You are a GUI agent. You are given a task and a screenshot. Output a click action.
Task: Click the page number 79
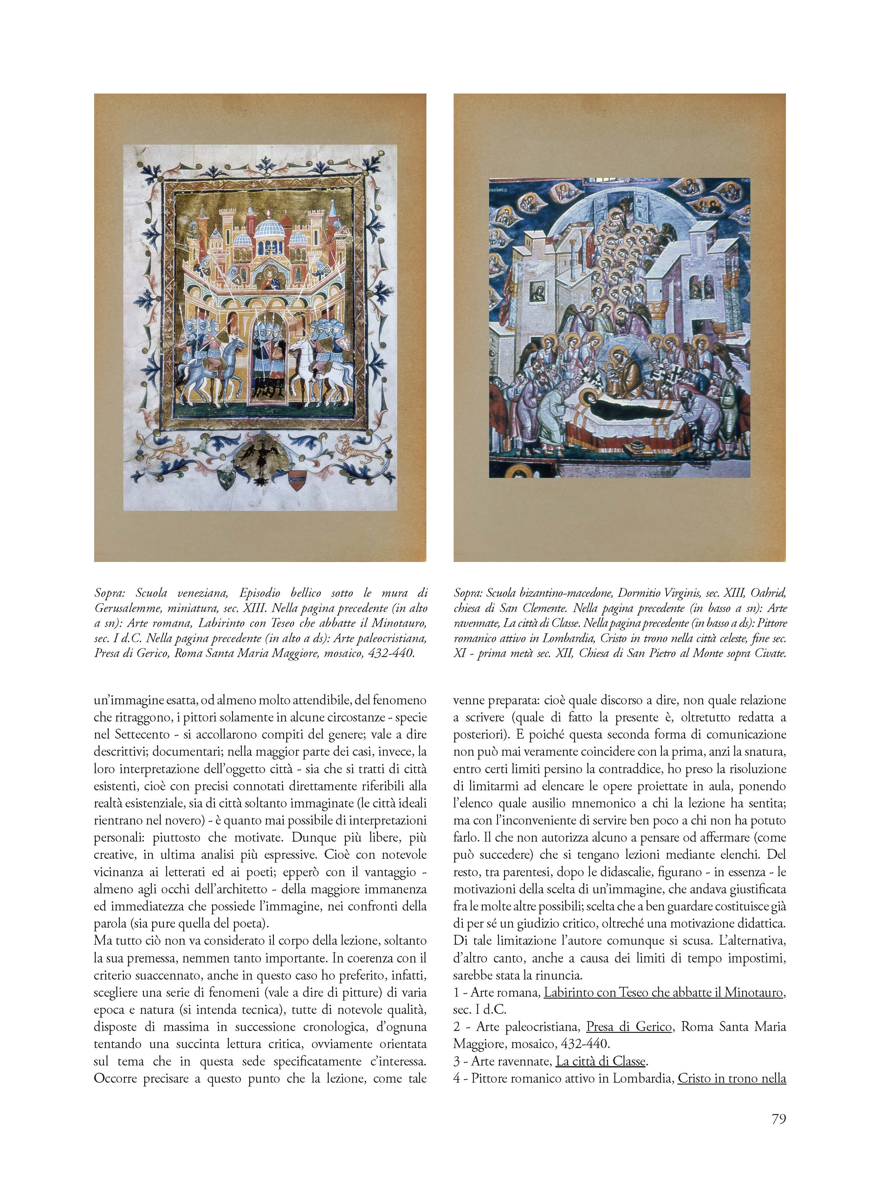pyautogui.click(x=778, y=1118)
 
